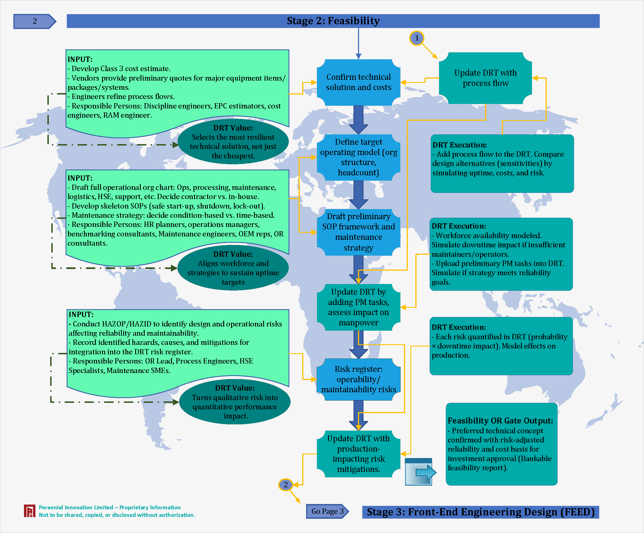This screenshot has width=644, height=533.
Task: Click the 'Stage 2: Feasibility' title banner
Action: pyautogui.click(x=333, y=21)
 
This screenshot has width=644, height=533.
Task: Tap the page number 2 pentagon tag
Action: pyautogui.click(x=34, y=21)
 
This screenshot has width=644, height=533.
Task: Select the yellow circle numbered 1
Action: pyautogui.click(x=417, y=38)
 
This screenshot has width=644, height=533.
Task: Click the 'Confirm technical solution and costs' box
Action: pyautogui.click(x=359, y=82)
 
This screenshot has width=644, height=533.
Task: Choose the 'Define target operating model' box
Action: pyautogui.click(x=359, y=157)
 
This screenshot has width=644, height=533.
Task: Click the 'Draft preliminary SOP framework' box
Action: pyautogui.click(x=359, y=232)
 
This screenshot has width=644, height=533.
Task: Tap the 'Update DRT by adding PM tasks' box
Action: pyautogui.click(x=359, y=307)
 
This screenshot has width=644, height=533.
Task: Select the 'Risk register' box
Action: pyautogui.click(x=359, y=379)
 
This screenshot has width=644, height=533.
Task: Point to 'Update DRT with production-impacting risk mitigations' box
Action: pyautogui.click(x=359, y=454)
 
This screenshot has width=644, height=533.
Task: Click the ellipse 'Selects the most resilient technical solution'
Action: pyautogui.click(x=233, y=142)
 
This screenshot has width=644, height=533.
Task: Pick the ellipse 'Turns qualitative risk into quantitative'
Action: pyautogui.click(x=235, y=402)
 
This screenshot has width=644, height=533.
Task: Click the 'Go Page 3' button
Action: pyautogui.click(x=327, y=511)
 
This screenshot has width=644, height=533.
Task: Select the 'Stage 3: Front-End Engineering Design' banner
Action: pyautogui.click(x=481, y=512)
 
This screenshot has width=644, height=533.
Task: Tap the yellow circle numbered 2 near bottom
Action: pyautogui.click(x=285, y=484)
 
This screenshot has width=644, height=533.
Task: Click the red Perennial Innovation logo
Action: pyautogui.click(x=30, y=511)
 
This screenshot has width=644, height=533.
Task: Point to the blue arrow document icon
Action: pyautogui.click(x=419, y=472)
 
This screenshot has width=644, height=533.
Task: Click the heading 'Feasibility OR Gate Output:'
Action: pyautogui.click(x=500, y=420)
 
